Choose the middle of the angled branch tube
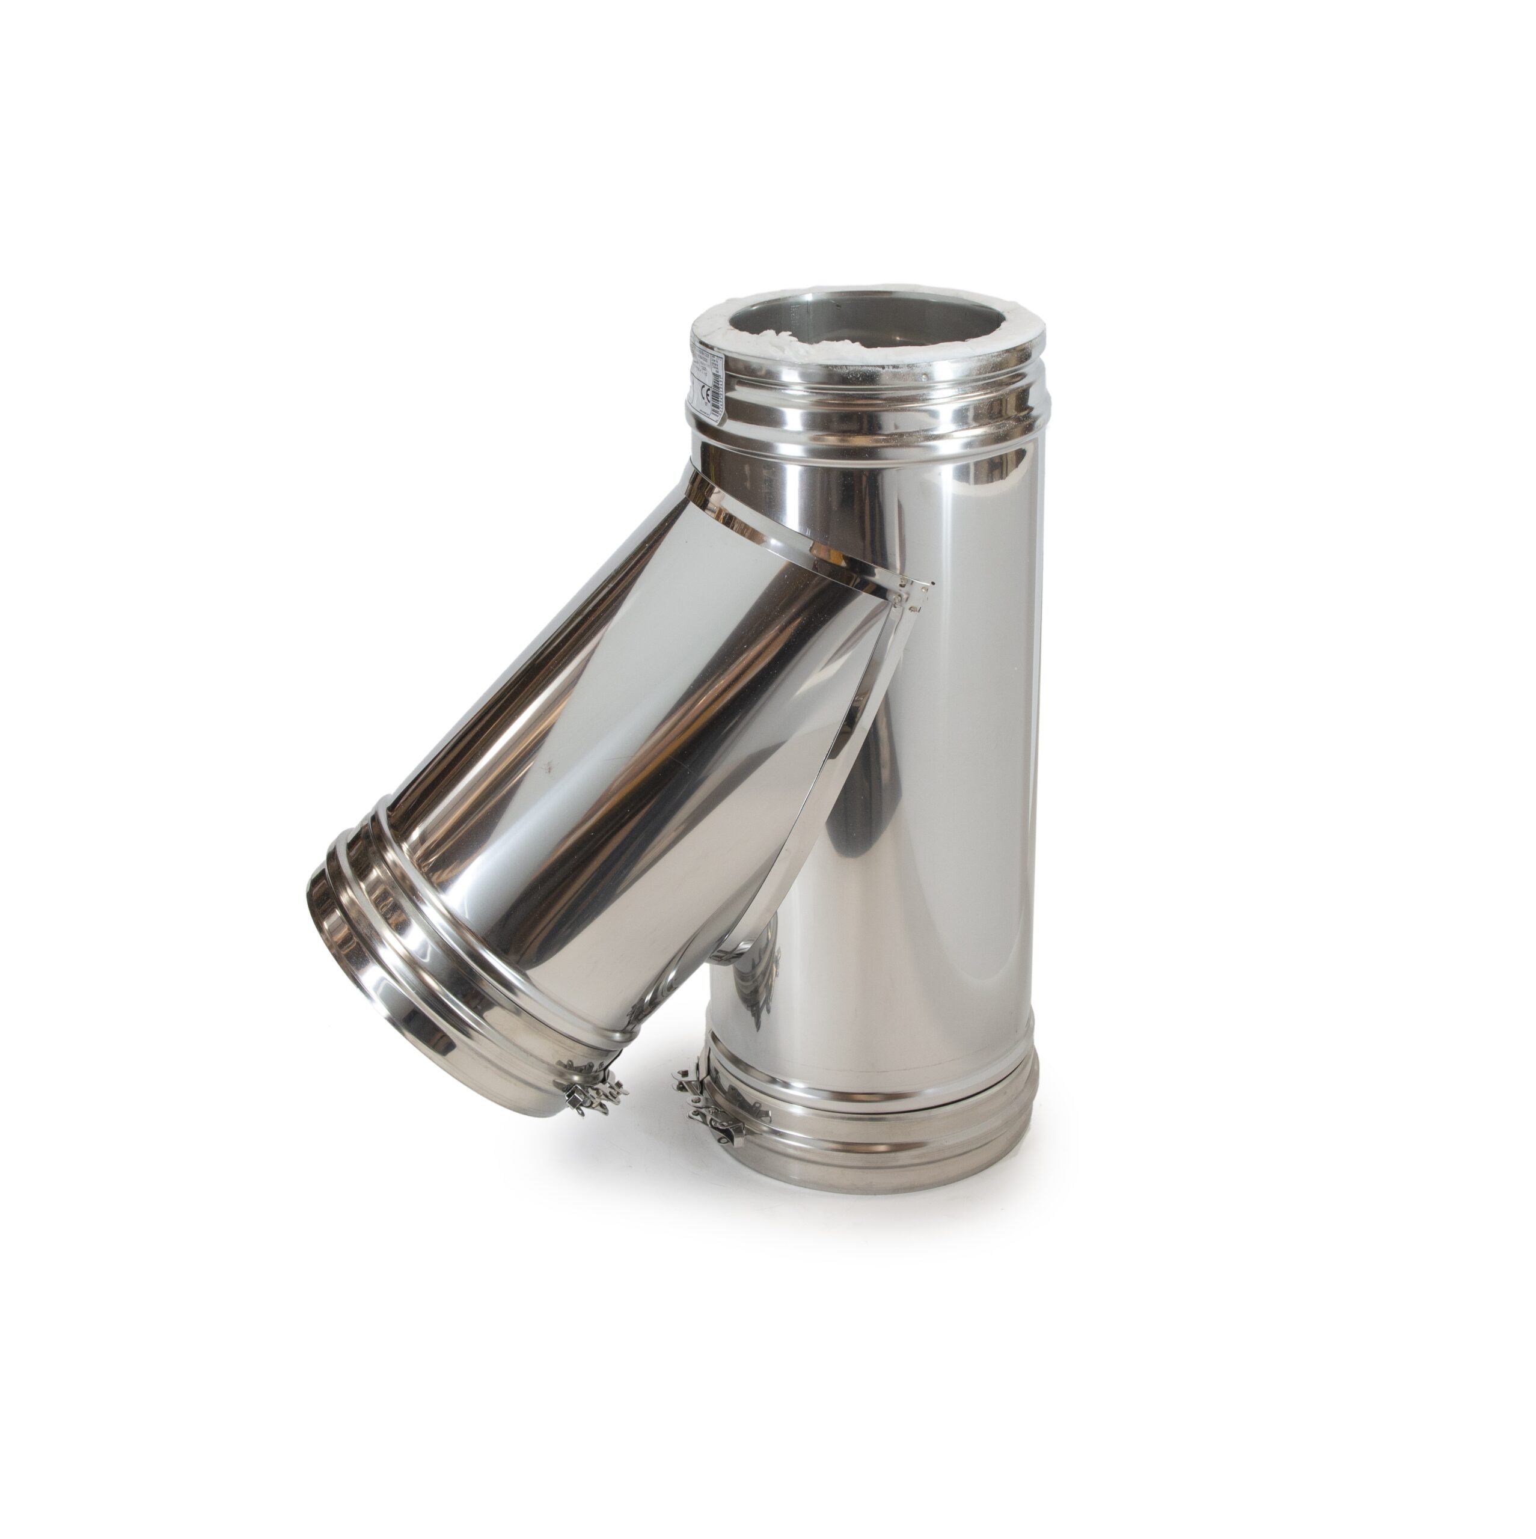pyautogui.click(x=622, y=757)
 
